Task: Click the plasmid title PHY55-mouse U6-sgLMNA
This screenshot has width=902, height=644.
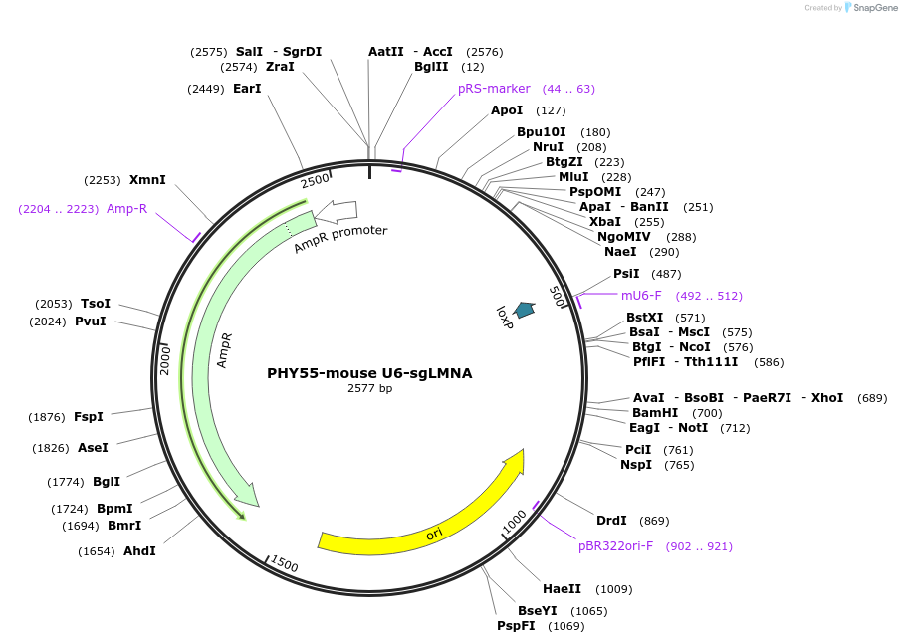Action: click(x=369, y=373)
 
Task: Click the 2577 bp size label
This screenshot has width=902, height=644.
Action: click(x=369, y=389)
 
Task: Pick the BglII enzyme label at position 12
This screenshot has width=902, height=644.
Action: click(x=431, y=67)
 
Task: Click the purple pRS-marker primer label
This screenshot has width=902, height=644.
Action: click(x=494, y=89)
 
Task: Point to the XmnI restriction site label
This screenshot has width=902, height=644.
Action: click(x=147, y=180)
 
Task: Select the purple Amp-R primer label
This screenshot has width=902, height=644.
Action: click(x=126, y=209)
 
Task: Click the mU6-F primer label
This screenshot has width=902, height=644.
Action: click(x=641, y=296)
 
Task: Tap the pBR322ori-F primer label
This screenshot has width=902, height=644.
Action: click(x=615, y=546)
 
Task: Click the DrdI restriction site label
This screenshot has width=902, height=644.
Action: click(x=611, y=521)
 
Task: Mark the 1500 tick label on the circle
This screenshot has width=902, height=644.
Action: click(x=284, y=564)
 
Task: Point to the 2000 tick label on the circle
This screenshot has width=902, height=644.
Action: click(x=166, y=359)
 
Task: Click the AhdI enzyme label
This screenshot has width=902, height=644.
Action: click(x=139, y=551)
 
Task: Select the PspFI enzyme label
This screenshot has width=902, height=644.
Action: click(x=516, y=626)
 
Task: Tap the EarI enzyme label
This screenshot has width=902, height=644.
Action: click(x=247, y=89)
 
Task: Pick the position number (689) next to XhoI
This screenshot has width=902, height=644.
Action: click(x=871, y=398)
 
